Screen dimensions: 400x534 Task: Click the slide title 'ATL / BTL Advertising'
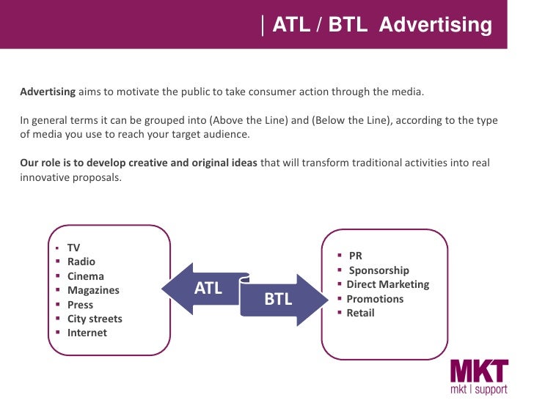(382, 26)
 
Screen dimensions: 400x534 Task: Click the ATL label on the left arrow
(208, 289)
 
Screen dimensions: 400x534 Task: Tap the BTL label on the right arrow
(278, 299)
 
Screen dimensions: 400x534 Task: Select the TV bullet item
(73, 248)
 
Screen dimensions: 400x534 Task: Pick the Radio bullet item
(81, 262)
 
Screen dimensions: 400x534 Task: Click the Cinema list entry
(85, 276)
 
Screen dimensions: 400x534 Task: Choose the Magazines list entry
(92, 290)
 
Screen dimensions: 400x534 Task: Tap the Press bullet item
(80, 305)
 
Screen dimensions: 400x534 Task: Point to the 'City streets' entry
(95, 319)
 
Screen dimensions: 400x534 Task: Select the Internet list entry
(87, 333)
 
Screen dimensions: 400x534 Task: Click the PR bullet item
(356, 256)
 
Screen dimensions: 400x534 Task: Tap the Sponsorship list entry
(378, 270)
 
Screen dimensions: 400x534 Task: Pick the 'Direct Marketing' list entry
(387, 284)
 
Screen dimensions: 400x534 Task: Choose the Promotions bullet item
(375, 299)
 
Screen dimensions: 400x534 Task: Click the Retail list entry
(360, 313)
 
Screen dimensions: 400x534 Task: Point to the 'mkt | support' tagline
(478, 388)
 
